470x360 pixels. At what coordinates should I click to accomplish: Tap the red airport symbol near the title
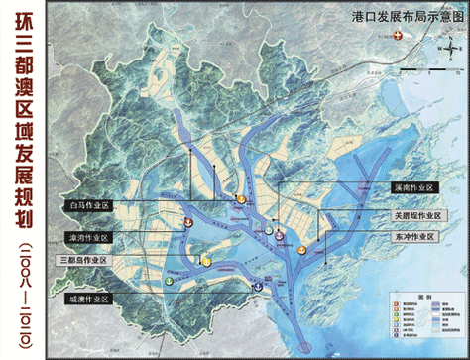point(399,37)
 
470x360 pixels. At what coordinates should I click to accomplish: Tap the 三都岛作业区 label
point(84,259)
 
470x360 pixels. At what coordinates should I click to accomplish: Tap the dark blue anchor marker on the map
point(258,286)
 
